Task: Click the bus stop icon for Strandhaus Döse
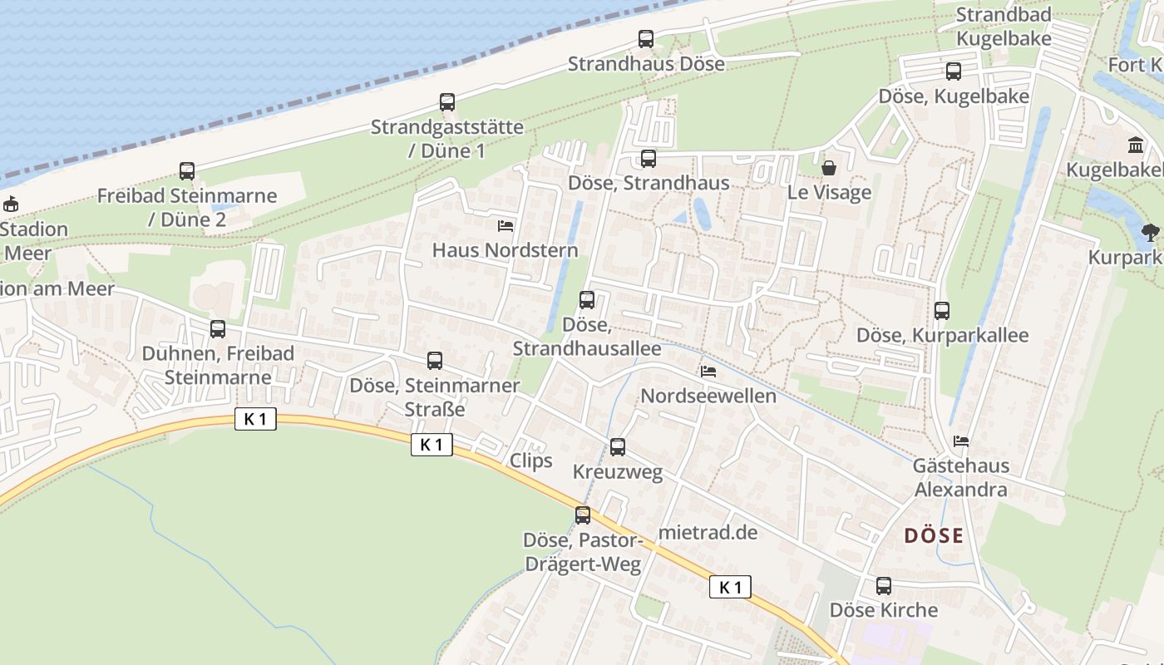[646, 38]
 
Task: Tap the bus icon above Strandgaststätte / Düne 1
[447, 102]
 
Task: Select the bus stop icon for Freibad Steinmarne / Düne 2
[187, 171]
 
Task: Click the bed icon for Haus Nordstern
[505, 225]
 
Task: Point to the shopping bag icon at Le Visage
[829, 168]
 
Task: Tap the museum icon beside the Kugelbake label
[1136, 145]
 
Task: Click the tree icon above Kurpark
[1150, 233]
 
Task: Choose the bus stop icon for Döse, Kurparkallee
[942, 311]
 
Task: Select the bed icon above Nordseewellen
[708, 372]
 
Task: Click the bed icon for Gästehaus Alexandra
[961, 441]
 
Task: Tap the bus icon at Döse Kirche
[884, 586]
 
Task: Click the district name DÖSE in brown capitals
[934, 536]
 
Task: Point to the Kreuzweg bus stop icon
[618, 447]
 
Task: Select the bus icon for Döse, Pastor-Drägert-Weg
[583, 515]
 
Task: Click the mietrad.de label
[708, 533]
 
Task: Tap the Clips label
[530, 461]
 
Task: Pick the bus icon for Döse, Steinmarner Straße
[435, 361]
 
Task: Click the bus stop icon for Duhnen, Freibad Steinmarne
[218, 329]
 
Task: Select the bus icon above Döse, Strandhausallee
[587, 300]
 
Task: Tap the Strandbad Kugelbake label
[1004, 27]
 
